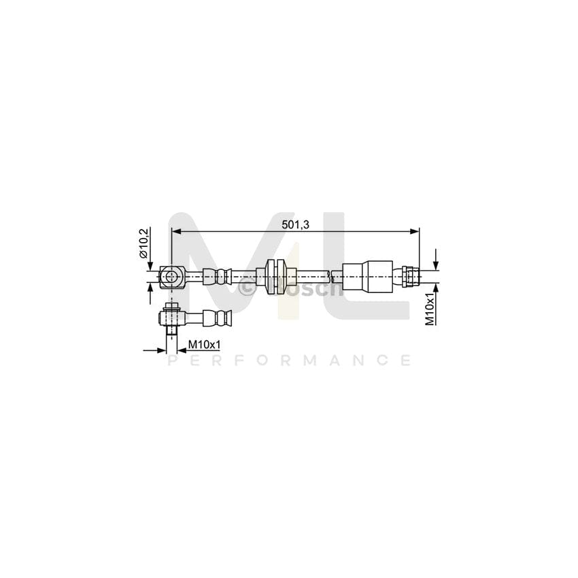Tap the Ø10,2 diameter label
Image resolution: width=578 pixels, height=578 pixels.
[x=143, y=243]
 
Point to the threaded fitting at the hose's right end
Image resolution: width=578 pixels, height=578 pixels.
[x=410, y=276]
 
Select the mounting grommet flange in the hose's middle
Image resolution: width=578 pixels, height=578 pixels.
[x=275, y=276]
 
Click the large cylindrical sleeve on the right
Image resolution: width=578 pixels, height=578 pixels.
[x=367, y=276]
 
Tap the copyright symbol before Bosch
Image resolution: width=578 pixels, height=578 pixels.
[x=248, y=288]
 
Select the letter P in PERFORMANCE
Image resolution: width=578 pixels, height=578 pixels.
[x=172, y=360]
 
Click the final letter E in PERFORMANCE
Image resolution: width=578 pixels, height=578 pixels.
[x=406, y=360]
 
